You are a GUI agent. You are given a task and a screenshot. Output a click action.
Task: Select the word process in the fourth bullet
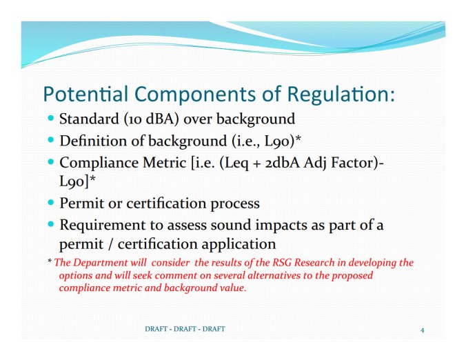236,203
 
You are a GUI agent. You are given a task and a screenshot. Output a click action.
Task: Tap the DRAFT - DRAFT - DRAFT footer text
185,329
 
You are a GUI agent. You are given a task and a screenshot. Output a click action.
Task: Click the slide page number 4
422,330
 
